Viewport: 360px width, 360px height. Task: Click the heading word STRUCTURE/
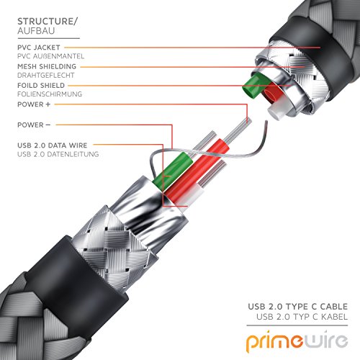(x=48, y=22)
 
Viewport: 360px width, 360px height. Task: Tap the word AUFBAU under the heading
(x=36, y=31)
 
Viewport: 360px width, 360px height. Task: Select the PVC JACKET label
(x=39, y=48)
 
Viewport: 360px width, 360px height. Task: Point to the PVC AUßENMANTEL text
(x=50, y=56)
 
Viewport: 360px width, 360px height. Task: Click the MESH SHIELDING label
(x=47, y=66)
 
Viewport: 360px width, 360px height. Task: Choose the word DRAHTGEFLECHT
(x=46, y=76)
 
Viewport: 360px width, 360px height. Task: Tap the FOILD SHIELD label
(x=41, y=86)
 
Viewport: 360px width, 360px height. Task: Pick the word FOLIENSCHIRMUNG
(x=50, y=94)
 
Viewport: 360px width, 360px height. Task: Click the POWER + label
(x=34, y=104)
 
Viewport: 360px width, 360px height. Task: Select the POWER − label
(x=34, y=125)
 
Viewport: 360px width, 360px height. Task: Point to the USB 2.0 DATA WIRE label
(x=53, y=145)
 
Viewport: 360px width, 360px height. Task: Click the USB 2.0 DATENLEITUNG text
(x=58, y=154)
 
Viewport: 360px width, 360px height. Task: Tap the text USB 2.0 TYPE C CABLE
(x=298, y=307)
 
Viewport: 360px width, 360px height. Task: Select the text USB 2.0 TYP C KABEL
(x=302, y=317)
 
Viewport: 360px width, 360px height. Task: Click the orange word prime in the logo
(x=275, y=341)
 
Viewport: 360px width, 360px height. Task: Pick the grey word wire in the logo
(x=325, y=340)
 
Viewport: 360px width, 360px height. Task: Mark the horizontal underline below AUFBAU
(x=48, y=38)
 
